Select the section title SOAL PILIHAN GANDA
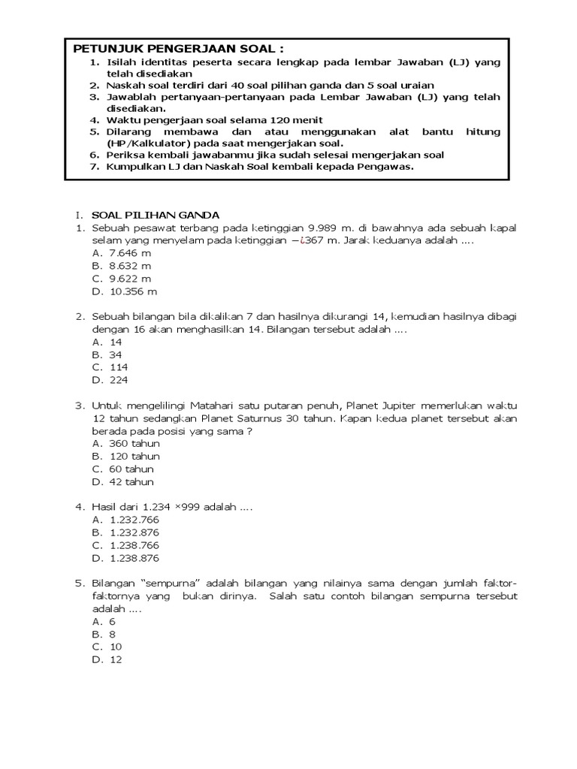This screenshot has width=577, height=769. point(155,215)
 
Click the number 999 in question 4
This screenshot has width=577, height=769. point(192,508)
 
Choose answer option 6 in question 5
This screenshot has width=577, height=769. point(112,622)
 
